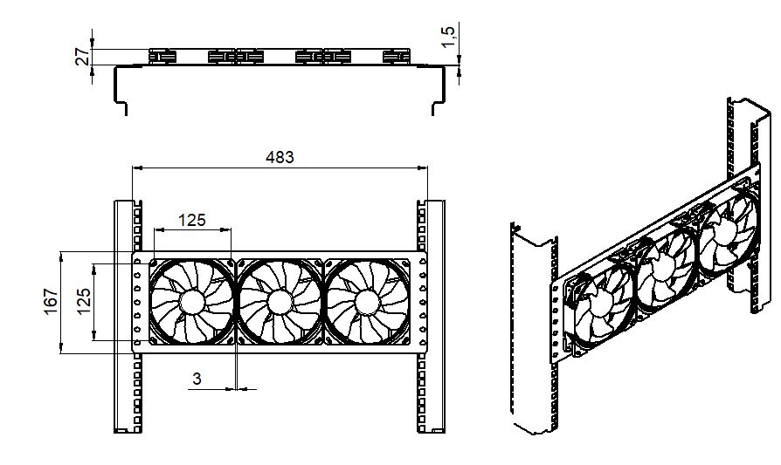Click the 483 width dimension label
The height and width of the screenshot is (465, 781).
pyautogui.click(x=280, y=157)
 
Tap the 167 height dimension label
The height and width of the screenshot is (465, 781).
pyautogui.click(x=52, y=301)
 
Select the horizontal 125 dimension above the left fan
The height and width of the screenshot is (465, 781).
pyautogui.click(x=192, y=220)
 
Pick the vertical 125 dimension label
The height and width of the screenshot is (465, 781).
pyautogui.click(x=83, y=301)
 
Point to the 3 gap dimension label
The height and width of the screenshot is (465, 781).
pyautogui.click(x=197, y=379)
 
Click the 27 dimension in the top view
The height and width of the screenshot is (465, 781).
pyautogui.click(x=84, y=56)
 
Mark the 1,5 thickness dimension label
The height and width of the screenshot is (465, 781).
pyautogui.click(x=448, y=37)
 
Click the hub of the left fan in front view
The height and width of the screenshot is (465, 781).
pyautogui.click(x=192, y=301)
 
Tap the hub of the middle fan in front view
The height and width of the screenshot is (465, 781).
pyautogui.click(x=280, y=301)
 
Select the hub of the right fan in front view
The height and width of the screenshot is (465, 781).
pyautogui.click(x=368, y=301)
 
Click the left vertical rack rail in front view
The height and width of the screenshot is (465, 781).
pyautogui.click(x=128, y=317)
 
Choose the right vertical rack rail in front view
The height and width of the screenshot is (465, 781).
pyautogui.click(x=431, y=317)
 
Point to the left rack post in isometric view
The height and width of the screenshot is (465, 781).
pyautogui.click(x=534, y=328)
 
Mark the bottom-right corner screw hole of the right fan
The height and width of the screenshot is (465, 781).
pyautogui.click(x=405, y=340)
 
